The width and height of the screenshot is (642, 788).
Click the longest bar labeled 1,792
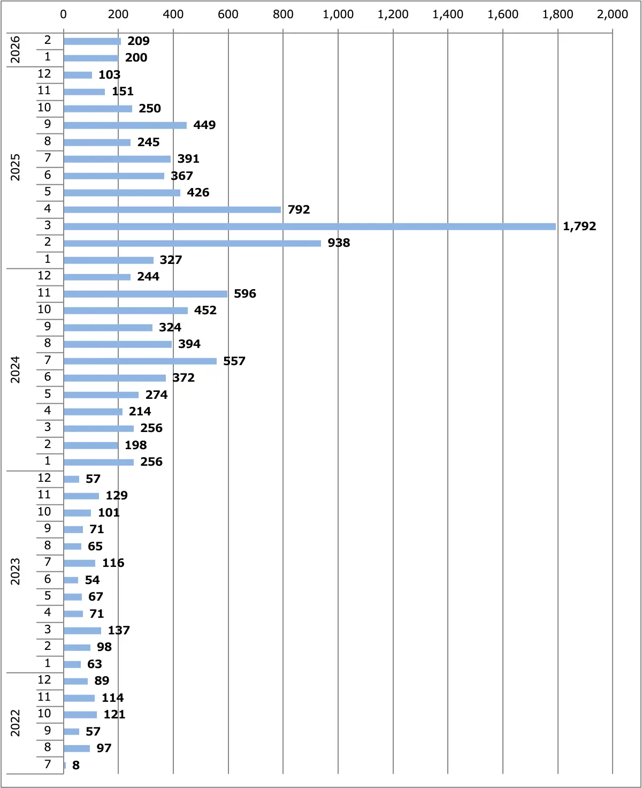310,226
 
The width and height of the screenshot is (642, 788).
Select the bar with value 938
192,243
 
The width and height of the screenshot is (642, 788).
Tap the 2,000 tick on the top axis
613,14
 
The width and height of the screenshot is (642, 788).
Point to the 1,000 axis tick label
338,14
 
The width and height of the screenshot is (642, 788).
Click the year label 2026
16,49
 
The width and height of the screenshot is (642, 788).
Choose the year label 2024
16,369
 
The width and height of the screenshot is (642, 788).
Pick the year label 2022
16,723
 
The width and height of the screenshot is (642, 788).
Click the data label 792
299,209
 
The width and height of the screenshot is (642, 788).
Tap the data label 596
245,293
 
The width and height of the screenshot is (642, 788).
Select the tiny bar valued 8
65,765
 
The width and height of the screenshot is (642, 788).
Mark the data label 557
234,361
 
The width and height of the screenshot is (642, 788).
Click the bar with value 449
125,125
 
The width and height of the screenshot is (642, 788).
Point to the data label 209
139,41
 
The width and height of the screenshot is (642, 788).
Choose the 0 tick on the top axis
64,14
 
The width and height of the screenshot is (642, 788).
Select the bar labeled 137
82,631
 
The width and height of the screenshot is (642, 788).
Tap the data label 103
109,75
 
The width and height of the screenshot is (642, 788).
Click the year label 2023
16,571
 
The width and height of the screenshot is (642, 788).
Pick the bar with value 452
126,310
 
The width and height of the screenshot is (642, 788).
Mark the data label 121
114,715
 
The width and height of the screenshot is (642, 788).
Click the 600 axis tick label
228,14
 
